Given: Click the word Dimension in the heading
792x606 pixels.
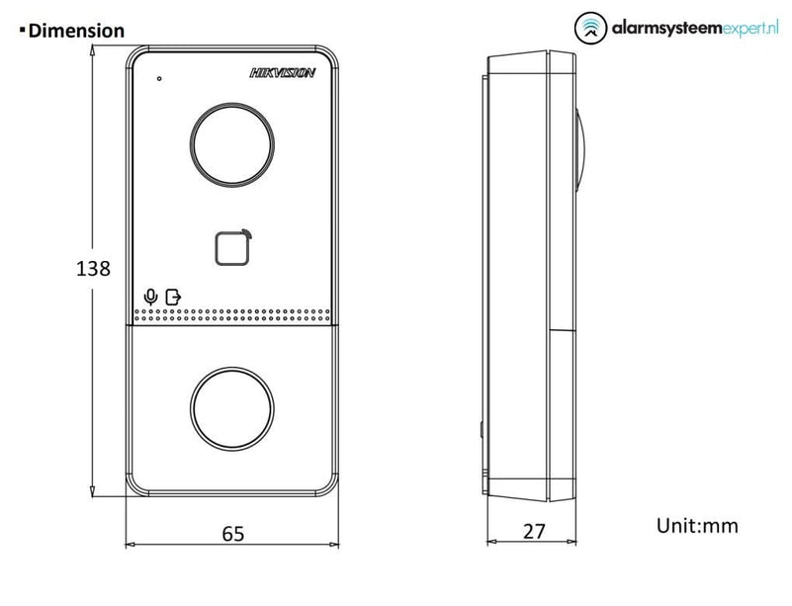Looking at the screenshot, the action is pyautogui.click(x=76, y=31).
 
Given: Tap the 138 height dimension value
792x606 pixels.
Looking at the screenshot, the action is pyautogui.click(x=93, y=268).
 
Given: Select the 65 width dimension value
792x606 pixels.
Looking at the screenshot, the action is pyautogui.click(x=232, y=533).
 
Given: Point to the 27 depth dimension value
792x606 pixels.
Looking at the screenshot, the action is pyautogui.click(x=534, y=531).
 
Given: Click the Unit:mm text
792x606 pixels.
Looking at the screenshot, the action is pyautogui.click(x=697, y=526).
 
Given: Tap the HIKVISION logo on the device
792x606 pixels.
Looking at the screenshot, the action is pyautogui.click(x=283, y=73).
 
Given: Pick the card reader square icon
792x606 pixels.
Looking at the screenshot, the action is pyautogui.click(x=232, y=247).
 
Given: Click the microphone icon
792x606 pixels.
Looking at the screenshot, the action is pyautogui.click(x=150, y=297).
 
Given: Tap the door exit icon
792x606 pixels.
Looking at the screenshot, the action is pyautogui.click(x=173, y=297).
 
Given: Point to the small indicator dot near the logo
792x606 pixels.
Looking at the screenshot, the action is pyautogui.click(x=159, y=78).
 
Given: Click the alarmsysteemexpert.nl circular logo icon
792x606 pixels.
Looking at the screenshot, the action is pyautogui.click(x=590, y=29).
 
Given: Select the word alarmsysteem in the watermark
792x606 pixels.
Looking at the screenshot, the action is pyautogui.click(x=666, y=29).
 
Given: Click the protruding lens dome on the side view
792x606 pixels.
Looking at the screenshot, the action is pyautogui.click(x=580, y=150).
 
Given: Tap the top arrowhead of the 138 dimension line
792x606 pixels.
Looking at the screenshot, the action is pyautogui.click(x=92, y=49).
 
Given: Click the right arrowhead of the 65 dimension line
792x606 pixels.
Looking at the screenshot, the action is pyautogui.click(x=334, y=545).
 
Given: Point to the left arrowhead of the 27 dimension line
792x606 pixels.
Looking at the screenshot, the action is pyautogui.click(x=492, y=542).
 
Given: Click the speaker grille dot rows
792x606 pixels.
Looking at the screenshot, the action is pyautogui.click(x=232, y=315).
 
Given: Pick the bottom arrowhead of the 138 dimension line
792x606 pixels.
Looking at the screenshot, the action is pyautogui.click(x=92, y=491).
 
